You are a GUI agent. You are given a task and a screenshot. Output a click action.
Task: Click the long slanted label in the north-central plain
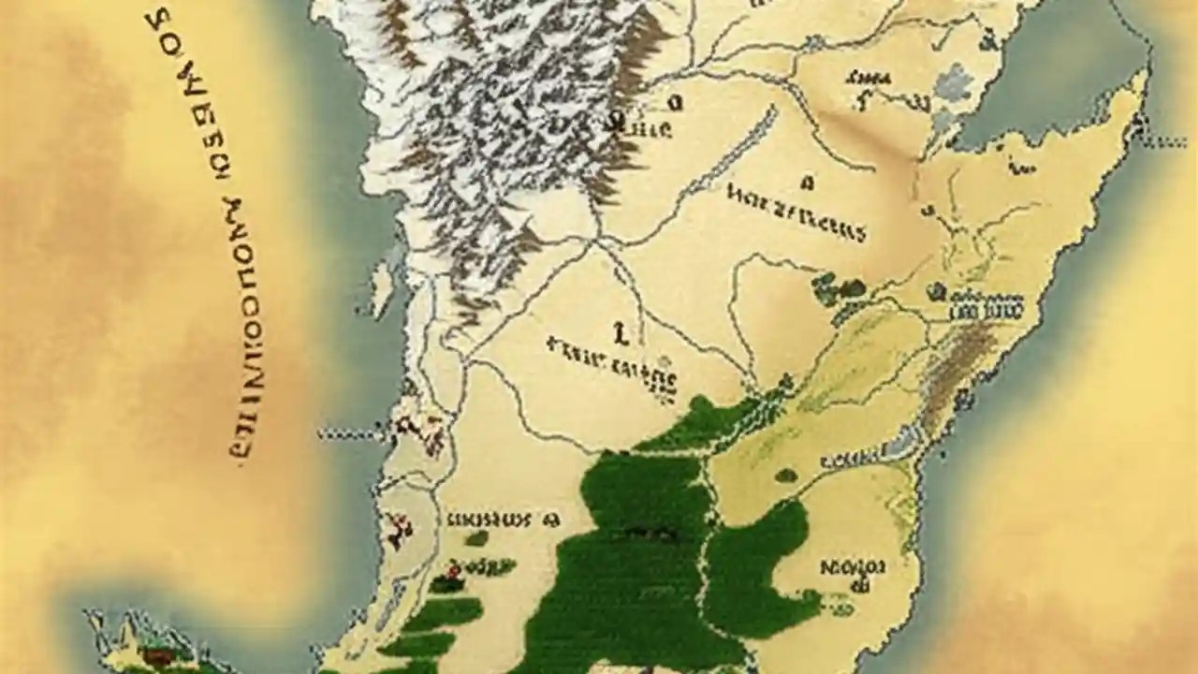click(796, 211)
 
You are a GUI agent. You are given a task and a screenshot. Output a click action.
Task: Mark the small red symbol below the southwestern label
click(453, 569)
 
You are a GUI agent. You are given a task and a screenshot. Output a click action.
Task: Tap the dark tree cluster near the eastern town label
click(838, 288)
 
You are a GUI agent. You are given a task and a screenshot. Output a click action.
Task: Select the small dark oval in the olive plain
click(786, 475)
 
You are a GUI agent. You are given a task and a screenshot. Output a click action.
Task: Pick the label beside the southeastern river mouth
click(847, 461)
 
